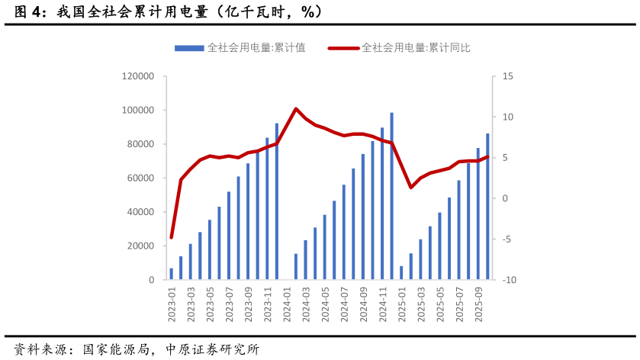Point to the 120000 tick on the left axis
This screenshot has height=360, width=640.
(138, 76)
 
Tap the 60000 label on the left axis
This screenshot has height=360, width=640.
(140, 178)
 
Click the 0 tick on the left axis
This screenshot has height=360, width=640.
(151, 280)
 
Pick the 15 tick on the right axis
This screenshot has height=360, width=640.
(508, 76)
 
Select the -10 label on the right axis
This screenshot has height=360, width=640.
(510, 280)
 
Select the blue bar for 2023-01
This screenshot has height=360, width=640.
(172, 274)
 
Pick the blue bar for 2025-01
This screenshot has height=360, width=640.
(402, 273)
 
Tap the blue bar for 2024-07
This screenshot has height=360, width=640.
(344, 232)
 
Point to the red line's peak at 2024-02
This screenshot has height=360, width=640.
(296, 109)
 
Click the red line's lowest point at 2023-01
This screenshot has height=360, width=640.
(172, 237)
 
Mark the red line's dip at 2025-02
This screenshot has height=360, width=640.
(411, 188)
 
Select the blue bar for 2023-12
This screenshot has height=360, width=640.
(277, 201)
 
